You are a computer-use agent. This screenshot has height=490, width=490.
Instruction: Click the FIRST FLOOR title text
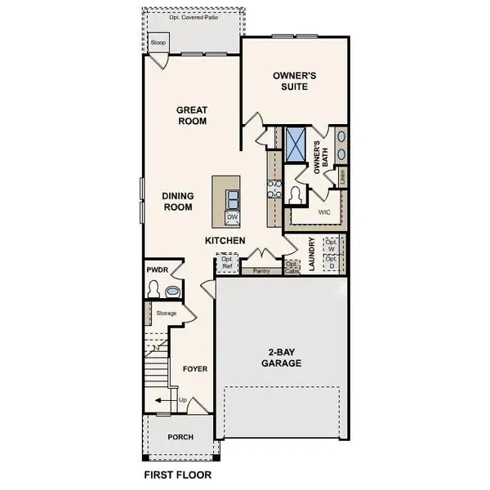click(x=177, y=474)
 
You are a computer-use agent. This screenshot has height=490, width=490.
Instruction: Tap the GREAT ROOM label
click(x=193, y=116)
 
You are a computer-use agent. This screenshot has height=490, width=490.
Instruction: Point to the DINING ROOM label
click(x=177, y=201)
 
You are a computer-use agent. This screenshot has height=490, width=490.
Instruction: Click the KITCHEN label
click(x=225, y=241)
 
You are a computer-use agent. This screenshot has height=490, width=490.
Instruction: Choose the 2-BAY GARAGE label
click(x=282, y=359)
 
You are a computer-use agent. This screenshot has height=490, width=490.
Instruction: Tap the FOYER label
click(x=194, y=369)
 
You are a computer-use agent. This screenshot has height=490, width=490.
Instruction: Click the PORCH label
click(x=180, y=437)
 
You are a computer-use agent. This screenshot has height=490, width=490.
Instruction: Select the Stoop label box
click(x=158, y=42)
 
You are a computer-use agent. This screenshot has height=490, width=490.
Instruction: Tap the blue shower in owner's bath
click(x=296, y=143)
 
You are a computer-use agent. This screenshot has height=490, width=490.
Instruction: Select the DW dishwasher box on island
click(x=232, y=217)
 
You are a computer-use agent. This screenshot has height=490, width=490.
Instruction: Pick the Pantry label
click(x=262, y=270)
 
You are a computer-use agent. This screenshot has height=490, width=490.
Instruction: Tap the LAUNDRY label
click(x=312, y=253)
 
